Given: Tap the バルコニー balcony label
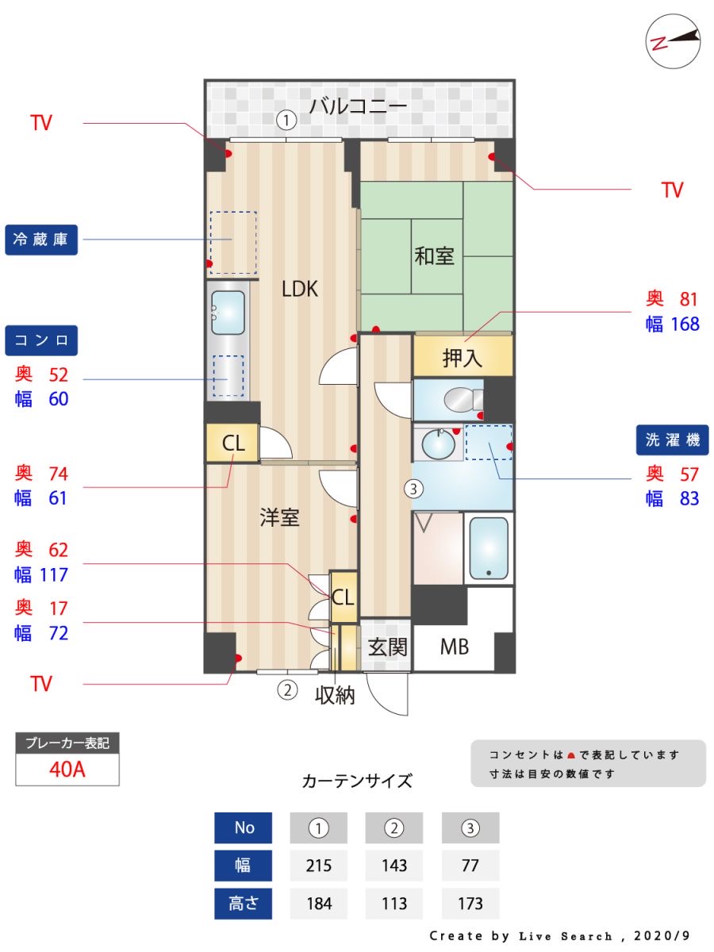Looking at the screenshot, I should point(358,106).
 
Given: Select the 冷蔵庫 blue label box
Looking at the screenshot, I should point(41,240).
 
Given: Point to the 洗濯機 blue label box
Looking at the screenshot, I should point(672,439).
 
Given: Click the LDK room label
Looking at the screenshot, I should point(300,290).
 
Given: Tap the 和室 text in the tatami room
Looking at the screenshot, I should point(435,256).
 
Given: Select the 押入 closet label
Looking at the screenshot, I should point(462,358).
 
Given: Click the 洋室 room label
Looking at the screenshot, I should point(280,518).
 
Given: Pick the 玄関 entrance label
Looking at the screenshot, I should point(386,647).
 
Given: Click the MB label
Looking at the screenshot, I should point(454,647).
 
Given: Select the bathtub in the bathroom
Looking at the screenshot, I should point(488,548).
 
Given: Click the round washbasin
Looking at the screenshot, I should point(437,443).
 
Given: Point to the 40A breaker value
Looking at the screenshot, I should point(67,770).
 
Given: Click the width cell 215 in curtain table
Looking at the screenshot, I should point(318,866).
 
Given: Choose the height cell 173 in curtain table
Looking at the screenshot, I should point(470,903).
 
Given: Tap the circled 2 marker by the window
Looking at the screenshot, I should point(287,690).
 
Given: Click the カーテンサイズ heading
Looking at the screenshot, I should point(357,781).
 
